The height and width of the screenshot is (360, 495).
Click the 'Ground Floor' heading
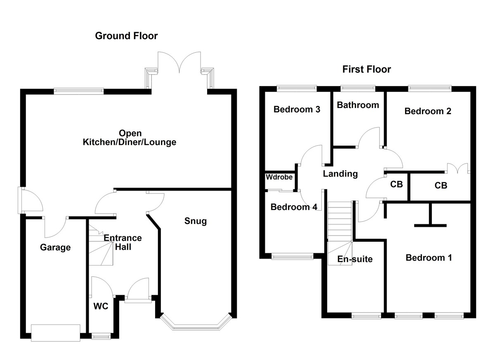126,36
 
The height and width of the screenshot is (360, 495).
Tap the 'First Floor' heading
366,69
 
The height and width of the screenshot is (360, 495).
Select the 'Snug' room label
196,221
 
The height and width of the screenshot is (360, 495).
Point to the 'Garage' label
55,248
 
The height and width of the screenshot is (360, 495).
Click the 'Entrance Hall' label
123,242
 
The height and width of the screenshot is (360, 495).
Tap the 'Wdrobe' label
279,177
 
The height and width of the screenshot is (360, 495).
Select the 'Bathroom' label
358,105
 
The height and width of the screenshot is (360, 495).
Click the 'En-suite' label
355,259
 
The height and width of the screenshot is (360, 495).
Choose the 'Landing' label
340,174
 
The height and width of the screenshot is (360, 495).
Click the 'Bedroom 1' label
429,258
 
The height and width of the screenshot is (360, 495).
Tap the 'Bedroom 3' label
297,110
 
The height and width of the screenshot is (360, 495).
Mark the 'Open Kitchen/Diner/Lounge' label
130,138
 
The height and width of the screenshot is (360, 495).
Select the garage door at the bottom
55,332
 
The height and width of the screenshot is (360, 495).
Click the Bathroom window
358,87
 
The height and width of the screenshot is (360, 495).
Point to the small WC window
101,337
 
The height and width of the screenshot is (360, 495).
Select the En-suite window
366,316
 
